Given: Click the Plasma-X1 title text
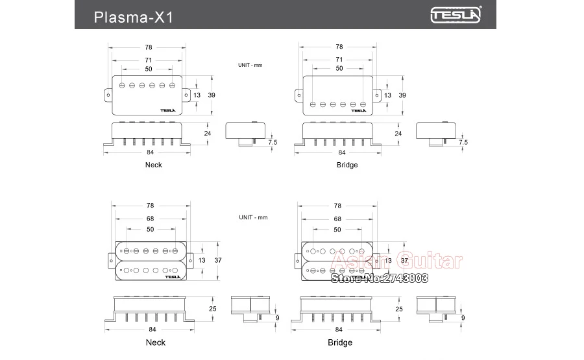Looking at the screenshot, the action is (132, 16).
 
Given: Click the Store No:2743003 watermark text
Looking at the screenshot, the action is (380, 278).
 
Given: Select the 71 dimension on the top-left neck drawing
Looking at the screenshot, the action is (149, 59).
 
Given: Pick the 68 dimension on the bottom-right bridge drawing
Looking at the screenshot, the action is (337, 219).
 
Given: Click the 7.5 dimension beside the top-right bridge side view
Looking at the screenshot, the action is (463, 142).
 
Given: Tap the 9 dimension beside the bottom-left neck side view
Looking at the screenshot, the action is (277, 318).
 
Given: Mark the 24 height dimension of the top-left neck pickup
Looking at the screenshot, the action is (208, 133).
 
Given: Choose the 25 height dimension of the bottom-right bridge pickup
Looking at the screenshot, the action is (398, 309).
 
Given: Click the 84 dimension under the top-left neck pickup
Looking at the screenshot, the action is (150, 152).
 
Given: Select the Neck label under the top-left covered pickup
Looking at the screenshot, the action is (154, 165).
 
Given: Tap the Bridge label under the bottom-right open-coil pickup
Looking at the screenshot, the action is (339, 342).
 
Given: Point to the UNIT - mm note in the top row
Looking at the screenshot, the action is (250, 65).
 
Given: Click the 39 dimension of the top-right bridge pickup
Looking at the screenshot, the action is (402, 95).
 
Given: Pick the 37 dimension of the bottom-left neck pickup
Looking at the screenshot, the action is (218, 260).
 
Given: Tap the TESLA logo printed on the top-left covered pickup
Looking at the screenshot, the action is (168, 109).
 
